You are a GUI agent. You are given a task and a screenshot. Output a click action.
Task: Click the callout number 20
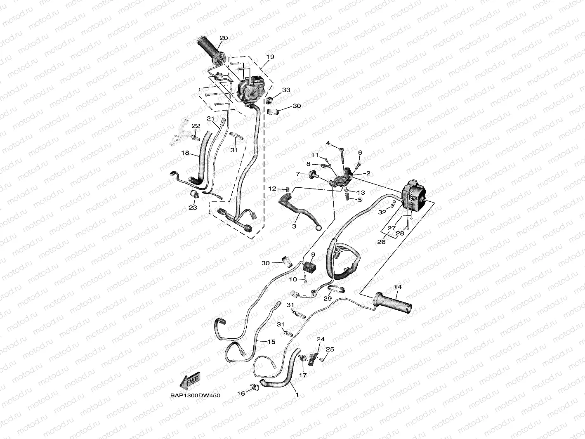tap(224, 38)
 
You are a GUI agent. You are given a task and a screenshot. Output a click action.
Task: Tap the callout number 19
tap(270, 57)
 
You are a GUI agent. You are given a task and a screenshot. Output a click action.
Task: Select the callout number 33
tap(286, 90)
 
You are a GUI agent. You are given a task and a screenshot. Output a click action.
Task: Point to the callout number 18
tap(185, 153)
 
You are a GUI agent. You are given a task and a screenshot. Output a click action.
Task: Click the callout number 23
tap(193, 208)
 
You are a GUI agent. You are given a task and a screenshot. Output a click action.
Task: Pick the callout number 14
tap(397, 287)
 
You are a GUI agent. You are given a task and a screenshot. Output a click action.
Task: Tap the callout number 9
tap(313, 255)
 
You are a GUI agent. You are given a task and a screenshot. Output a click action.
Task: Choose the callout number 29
tap(328, 298)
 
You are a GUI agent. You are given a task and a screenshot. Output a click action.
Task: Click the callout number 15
tap(271, 342)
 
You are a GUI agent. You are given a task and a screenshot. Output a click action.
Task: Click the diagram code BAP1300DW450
tap(196, 395)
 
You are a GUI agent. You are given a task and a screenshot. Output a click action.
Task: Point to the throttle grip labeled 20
tap(211, 50)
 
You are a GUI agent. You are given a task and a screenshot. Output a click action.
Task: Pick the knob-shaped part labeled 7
tap(312, 174)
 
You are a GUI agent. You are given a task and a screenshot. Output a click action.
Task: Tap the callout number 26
tap(381, 242)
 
